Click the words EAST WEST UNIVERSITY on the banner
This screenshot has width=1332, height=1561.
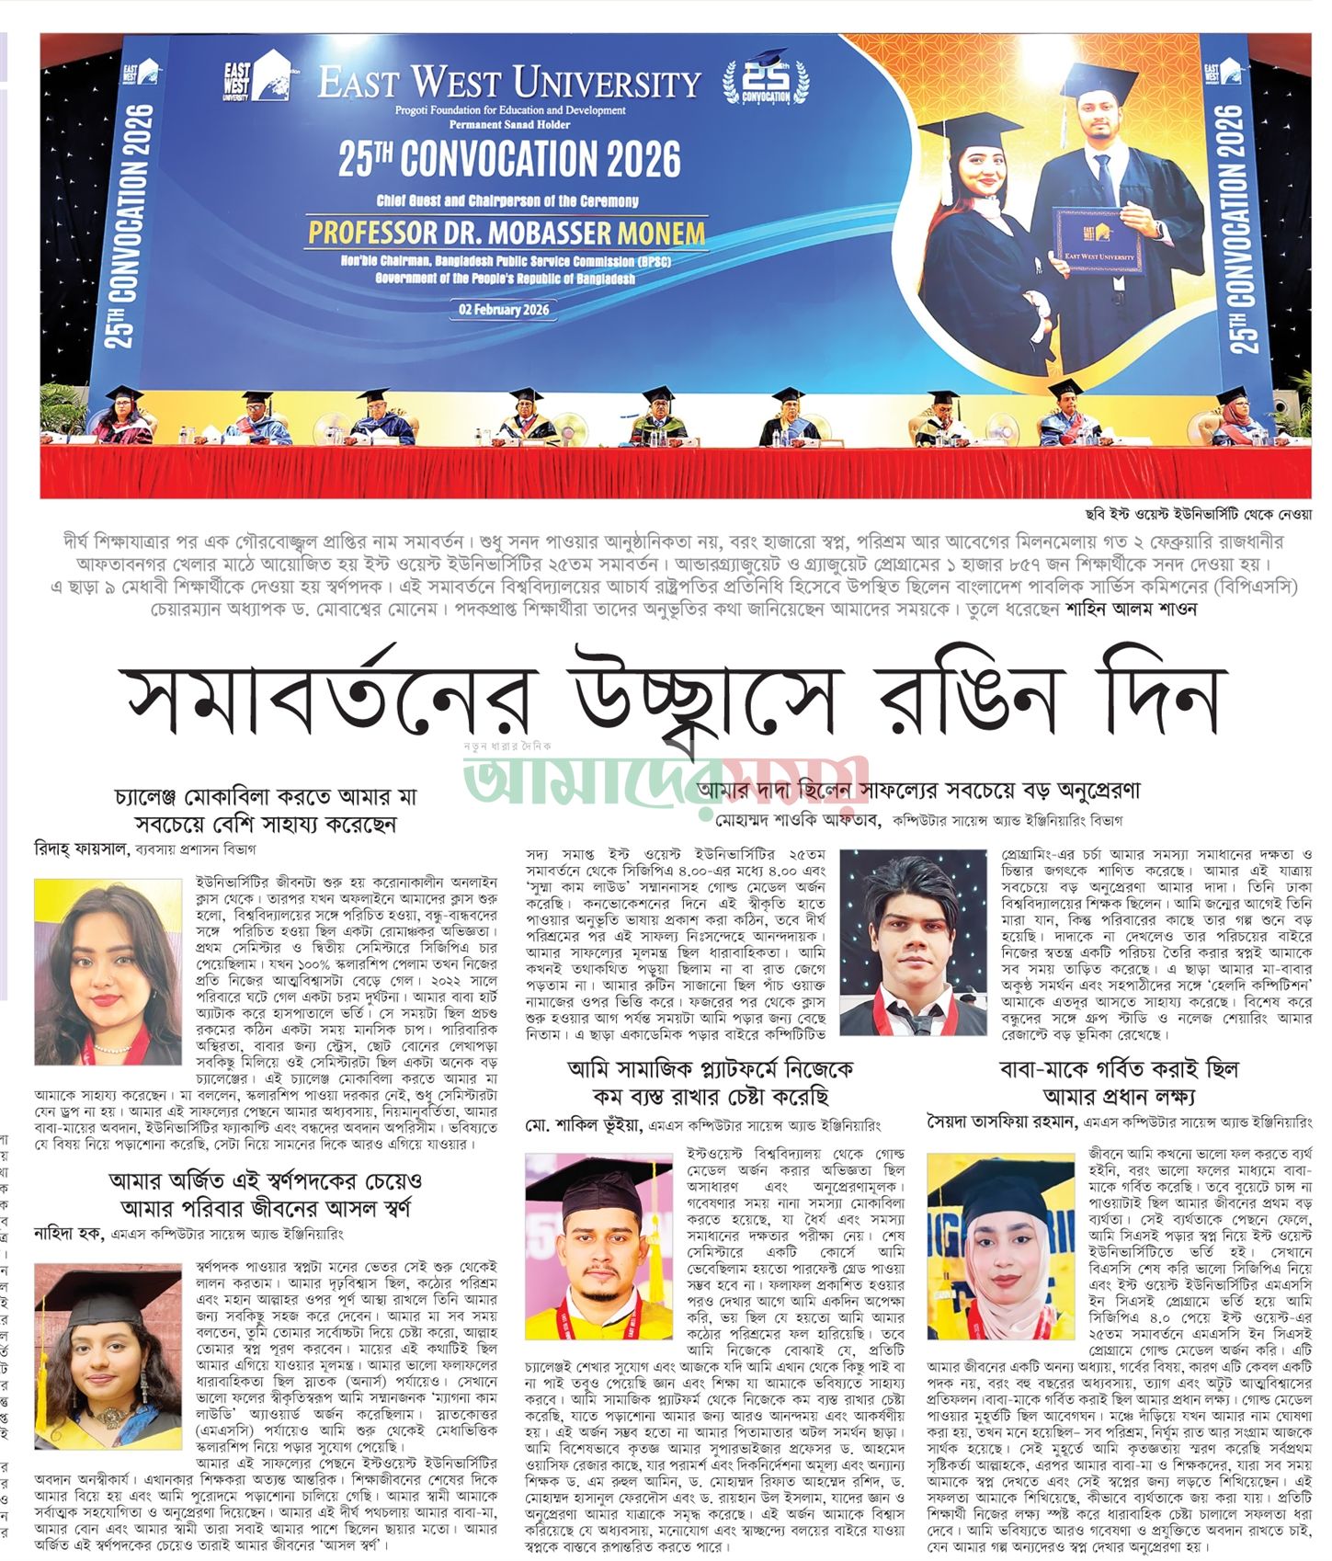[509, 83]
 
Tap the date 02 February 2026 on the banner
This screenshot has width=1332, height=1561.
[505, 310]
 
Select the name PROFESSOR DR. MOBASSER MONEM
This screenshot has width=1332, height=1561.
[507, 232]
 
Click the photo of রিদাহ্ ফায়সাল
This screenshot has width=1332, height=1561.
[108, 972]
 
